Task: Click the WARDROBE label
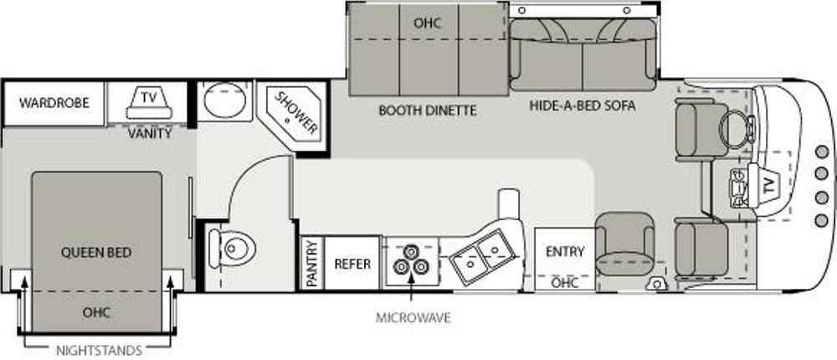[54, 102]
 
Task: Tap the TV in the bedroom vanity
[149, 103]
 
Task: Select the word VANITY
[150, 133]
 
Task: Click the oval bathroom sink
[224, 100]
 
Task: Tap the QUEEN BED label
[96, 252]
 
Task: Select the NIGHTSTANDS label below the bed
[100, 351]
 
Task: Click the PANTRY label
[312, 263]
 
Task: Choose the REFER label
[352, 264]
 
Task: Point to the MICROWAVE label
[413, 318]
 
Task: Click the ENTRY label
[565, 251]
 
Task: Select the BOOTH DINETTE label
[428, 111]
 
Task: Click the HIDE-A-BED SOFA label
[583, 105]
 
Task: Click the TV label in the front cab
[768, 185]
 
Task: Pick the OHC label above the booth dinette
[428, 23]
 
